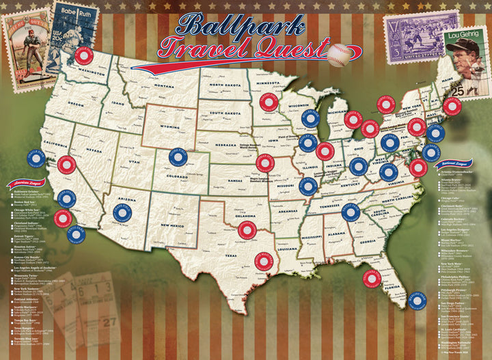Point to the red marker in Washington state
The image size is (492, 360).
tap(84, 55)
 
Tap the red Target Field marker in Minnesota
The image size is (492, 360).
tap(269, 102)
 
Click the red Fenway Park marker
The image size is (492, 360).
tap(452, 106)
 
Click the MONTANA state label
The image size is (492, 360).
tap(164, 85)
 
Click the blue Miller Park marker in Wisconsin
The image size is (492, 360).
tap(310, 118)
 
